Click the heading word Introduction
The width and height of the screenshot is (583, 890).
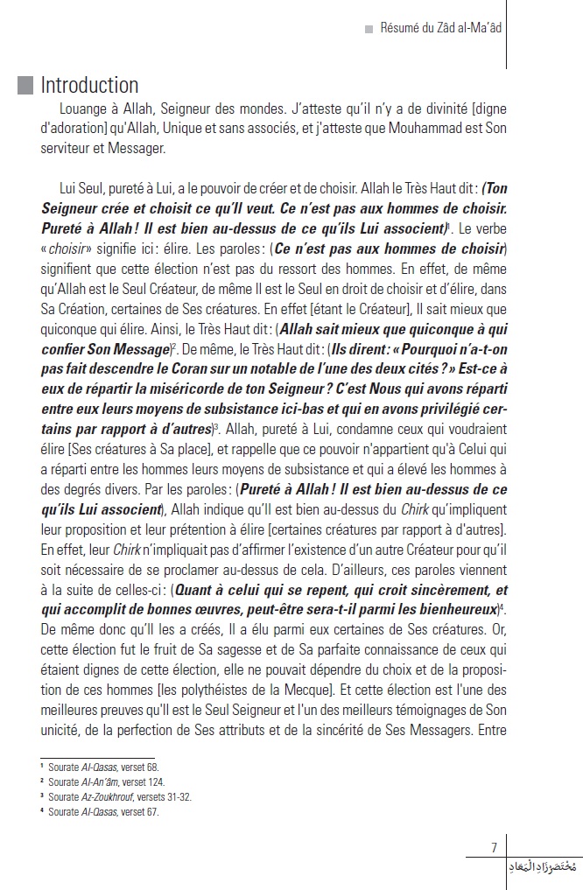point(89,86)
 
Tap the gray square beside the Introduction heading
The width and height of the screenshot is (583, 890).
point(25,85)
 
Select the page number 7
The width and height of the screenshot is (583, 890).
point(495,847)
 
